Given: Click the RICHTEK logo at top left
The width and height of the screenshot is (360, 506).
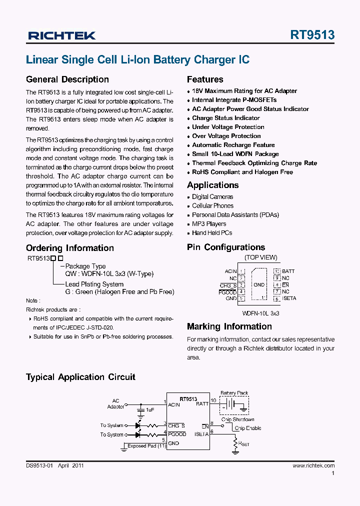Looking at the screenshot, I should (x=61, y=35).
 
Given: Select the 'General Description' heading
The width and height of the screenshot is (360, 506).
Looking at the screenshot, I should (x=67, y=79).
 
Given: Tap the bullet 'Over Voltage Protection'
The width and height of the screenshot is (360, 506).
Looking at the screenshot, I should (x=226, y=136).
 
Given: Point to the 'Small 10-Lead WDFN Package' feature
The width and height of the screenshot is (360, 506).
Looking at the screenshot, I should (x=235, y=154).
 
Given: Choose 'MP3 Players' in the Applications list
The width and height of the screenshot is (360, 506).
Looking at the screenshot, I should (x=209, y=224).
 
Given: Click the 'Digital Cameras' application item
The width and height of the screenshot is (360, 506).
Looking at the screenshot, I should (x=212, y=197).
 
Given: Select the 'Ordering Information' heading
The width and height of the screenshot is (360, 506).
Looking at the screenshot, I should (x=69, y=248).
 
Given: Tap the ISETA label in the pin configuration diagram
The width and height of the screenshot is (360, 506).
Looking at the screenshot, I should (x=289, y=298).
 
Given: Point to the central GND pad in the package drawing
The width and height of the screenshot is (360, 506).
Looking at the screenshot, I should (x=259, y=285).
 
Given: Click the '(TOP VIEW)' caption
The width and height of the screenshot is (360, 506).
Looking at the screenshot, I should (x=260, y=257).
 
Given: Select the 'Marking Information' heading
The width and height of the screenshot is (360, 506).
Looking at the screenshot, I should (x=229, y=326).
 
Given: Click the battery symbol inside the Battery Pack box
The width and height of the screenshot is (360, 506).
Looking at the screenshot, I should (x=230, y=404).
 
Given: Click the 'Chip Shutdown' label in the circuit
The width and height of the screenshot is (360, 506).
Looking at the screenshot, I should (x=238, y=419).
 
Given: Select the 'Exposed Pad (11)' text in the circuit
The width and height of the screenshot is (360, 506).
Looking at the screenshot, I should (x=146, y=446).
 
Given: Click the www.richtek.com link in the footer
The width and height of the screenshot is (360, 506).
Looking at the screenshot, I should (x=313, y=465).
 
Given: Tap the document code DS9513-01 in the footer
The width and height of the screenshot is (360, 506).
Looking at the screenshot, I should (x=39, y=465).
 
